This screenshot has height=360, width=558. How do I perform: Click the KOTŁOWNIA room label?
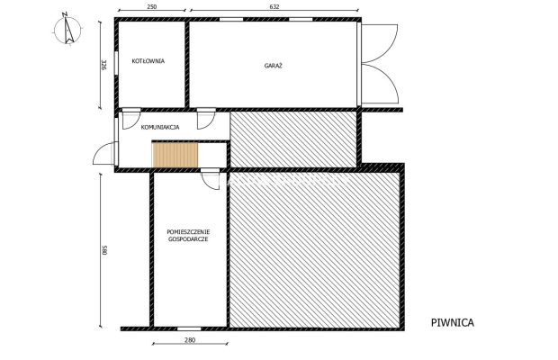pos(148,61)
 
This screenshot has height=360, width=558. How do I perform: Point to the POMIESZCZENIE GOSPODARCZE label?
pos(188,236)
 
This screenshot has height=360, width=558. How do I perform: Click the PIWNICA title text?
pos(451,321)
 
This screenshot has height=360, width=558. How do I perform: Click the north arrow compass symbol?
pos(67,31)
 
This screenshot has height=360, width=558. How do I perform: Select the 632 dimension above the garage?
pos(274,7)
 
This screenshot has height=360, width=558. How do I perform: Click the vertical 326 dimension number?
pos(104,64)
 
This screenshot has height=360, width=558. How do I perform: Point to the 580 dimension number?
pos(104,250)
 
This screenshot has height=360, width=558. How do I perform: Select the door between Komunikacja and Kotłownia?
pos(130,119)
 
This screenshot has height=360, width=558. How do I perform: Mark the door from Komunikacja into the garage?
pos(206,119)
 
